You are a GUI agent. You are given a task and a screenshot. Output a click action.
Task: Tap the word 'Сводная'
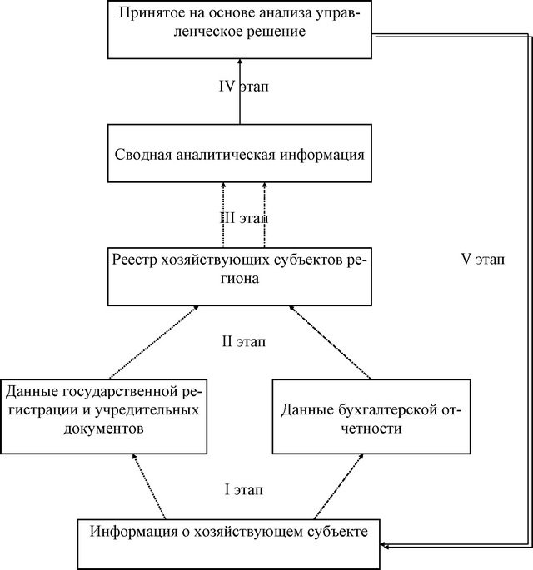[140, 155]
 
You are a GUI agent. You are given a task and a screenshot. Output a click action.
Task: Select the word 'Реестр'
[132, 260]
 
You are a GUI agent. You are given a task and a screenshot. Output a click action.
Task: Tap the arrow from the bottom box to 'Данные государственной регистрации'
[150, 486]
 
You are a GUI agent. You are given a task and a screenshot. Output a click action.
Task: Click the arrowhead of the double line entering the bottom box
[384, 546]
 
